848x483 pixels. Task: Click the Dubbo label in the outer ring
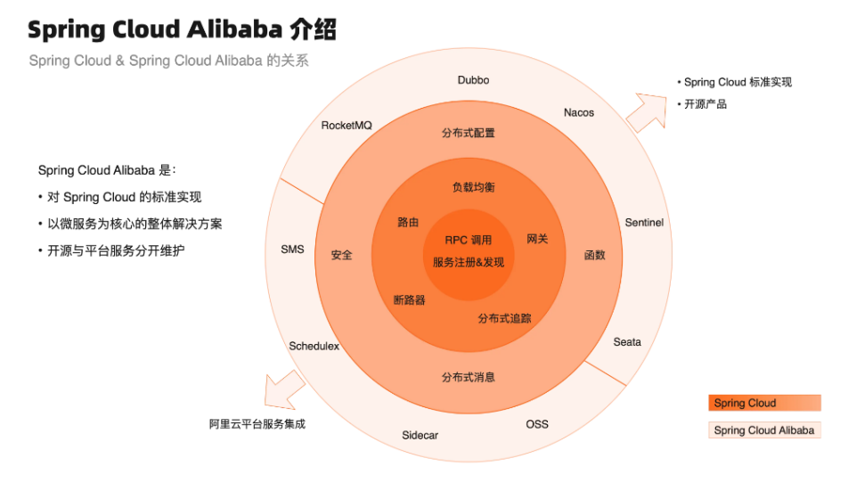[473, 80]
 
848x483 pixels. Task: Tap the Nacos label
[579, 113]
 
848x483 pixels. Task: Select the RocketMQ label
[347, 126]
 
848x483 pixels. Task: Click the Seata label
[627, 342]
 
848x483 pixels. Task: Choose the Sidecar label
[420, 436]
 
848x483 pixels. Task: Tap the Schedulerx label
[314, 347]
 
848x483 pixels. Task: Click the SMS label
[292, 250]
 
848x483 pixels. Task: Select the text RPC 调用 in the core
[468, 241]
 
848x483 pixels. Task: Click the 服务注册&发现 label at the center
[468, 262]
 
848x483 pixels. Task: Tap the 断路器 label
[409, 300]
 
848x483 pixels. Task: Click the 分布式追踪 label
[505, 318]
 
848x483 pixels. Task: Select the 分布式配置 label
[468, 134]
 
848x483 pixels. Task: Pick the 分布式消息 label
[468, 378]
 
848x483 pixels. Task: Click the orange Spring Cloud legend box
[764, 403]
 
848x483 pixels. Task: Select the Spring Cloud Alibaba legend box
[764, 430]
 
